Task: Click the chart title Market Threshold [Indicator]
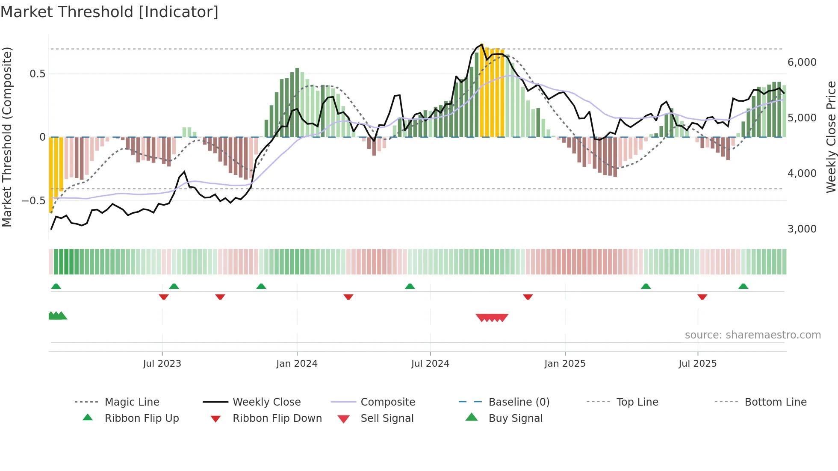pyautogui.click(x=109, y=12)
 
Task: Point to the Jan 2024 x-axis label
pyautogui.click(x=297, y=364)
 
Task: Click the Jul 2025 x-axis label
pyautogui.click(x=697, y=364)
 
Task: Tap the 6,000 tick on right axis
pyautogui.click(x=802, y=62)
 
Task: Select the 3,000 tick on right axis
pyautogui.click(x=802, y=229)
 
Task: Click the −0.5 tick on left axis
pyautogui.click(x=33, y=201)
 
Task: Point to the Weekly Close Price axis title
pyautogui.click(x=831, y=137)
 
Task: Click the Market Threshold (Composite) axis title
pyautogui.click(x=7, y=137)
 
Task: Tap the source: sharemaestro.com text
pyautogui.click(x=752, y=335)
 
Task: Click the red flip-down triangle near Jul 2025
pyautogui.click(x=702, y=297)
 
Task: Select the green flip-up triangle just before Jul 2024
pyautogui.click(x=410, y=286)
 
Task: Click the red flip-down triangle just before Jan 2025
pyautogui.click(x=528, y=297)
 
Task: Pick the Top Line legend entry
pyautogui.click(x=637, y=402)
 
